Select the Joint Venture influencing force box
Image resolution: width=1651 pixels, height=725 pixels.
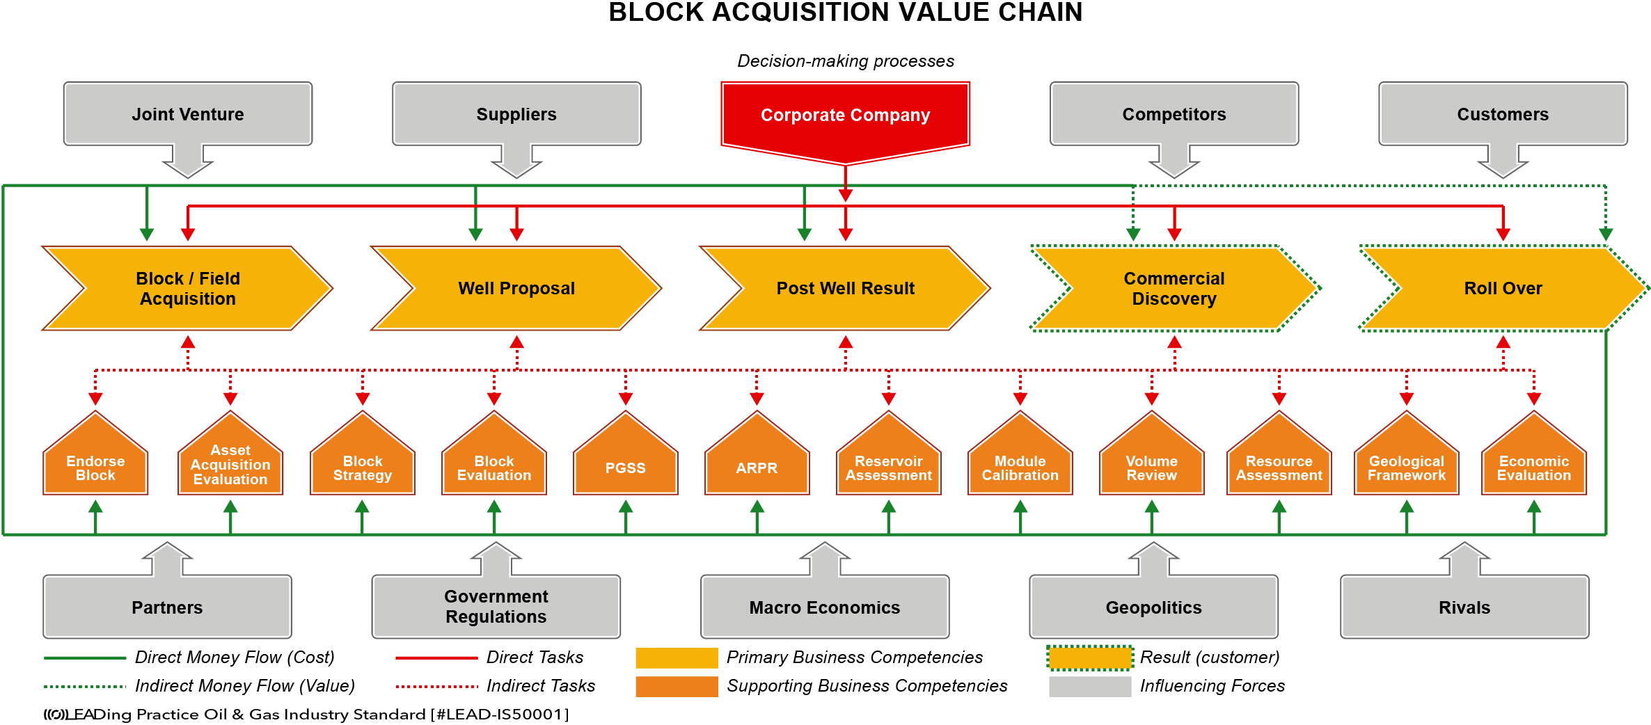(x=188, y=115)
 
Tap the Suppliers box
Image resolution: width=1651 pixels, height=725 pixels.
(x=516, y=115)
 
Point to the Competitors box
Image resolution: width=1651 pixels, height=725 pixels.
(x=1174, y=115)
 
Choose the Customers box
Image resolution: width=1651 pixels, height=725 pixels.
(x=1503, y=115)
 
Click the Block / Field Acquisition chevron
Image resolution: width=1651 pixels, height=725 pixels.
(x=188, y=288)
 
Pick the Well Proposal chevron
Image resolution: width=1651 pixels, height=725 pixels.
(x=516, y=288)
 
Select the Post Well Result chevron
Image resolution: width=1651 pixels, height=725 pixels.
(x=845, y=288)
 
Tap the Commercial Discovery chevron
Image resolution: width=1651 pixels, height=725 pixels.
(x=1174, y=288)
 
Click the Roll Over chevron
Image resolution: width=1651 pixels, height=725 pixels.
(x=1503, y=288)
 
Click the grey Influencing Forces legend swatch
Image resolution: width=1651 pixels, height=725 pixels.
(x=1090, y=686)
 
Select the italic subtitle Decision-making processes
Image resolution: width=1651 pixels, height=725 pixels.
(x=846, y=61)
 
